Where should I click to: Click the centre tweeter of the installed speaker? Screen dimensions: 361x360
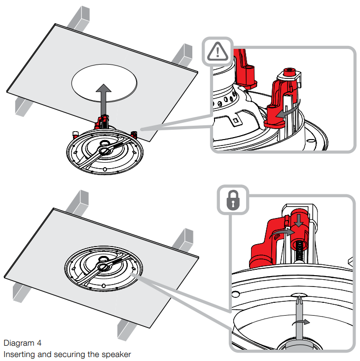pos(104,267)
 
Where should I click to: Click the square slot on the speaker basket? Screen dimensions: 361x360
pos(235,118)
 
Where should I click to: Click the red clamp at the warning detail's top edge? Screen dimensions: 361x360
pos(245,64)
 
